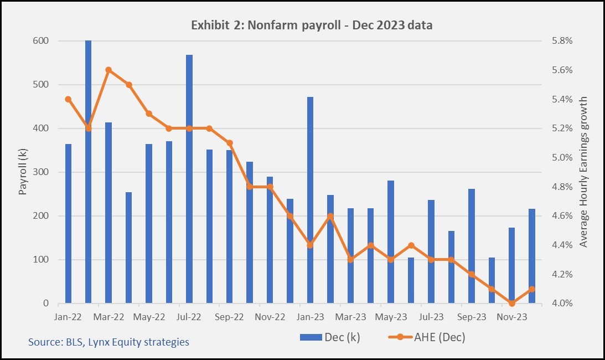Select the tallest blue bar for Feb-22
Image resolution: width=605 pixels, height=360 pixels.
[88, 172]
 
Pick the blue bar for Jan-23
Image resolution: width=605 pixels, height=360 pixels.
[310, 200]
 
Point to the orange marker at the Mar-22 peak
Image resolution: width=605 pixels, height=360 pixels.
[108, 70]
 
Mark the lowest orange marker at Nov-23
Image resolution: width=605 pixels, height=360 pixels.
[511, 303]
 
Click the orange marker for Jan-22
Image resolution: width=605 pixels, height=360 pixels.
[68, 100]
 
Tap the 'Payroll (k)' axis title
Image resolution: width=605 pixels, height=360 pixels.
[23, 172]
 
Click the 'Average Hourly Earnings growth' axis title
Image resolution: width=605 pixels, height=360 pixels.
[583, 172]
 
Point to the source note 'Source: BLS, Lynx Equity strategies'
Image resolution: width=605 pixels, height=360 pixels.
[108, 342]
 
